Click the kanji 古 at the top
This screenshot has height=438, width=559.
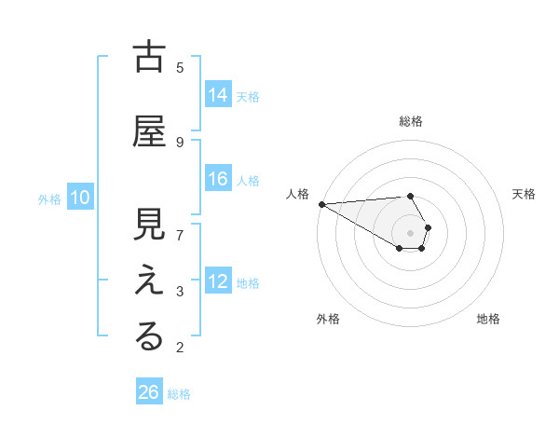149,58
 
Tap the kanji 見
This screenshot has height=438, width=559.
149,227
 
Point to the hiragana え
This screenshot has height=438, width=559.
149,282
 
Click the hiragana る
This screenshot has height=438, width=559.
149,338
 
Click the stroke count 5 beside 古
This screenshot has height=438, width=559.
180,67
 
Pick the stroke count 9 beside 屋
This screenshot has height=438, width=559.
180,142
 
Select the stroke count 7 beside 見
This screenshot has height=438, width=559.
180,234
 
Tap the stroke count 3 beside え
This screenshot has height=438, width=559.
180,291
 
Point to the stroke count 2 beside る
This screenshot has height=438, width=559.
180,348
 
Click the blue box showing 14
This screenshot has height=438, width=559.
218,95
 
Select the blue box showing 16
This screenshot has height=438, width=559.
218,179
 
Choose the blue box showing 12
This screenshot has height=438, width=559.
218,281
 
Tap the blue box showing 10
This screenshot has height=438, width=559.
79,198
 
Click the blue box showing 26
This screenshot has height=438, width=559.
149,392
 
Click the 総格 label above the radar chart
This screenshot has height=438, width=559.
411,121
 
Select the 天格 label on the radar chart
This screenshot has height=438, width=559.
525,194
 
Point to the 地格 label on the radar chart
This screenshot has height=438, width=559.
488,319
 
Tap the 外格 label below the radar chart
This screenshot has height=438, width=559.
328,319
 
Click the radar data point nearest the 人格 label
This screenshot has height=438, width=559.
321,204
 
